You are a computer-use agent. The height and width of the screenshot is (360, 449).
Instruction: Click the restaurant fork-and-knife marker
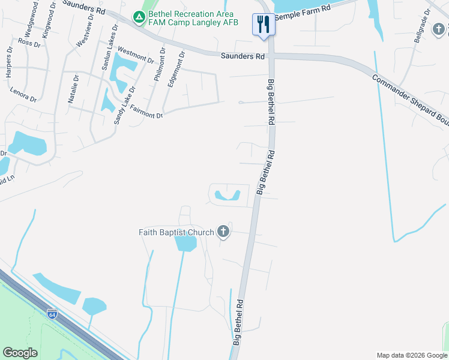click(262, 25)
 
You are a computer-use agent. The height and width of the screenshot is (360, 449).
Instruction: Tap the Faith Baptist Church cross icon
click(223, 232)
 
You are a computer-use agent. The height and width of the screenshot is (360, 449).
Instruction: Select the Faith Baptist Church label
click(176, 232)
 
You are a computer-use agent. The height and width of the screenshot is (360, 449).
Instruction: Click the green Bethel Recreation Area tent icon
click(139, 17)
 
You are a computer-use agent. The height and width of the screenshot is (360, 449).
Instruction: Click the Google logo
click(20, 353)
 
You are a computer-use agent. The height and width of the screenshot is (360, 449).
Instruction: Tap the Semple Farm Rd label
click(303, 13)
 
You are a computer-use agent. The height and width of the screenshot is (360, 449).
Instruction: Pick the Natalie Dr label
click(73, 89)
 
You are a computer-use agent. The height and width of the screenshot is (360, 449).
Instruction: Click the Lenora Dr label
click(23, 95)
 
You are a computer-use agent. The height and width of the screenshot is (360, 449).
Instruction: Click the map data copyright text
click(412, 355)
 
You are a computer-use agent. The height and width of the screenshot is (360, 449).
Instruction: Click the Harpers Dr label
click(8, 63)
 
